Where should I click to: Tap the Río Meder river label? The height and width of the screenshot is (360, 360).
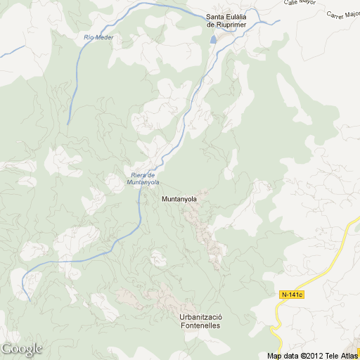tap(98, 37)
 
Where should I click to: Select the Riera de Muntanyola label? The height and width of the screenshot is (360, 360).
tap(143, 179)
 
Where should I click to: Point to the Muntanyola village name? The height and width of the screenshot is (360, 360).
tap(179, 199)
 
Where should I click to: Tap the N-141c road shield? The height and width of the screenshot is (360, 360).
tap(290, 294)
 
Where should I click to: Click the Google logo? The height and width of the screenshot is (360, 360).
tap(21, 349)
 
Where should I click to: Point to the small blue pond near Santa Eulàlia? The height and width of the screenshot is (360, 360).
tap(214, 39)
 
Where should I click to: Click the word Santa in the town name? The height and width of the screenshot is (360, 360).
tap(215, 18)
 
